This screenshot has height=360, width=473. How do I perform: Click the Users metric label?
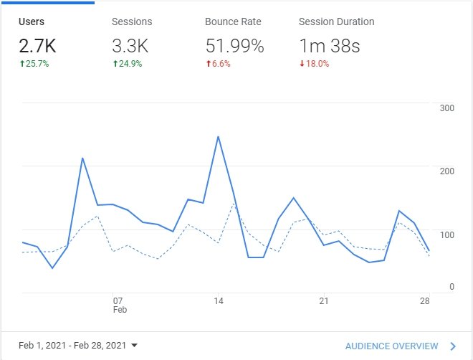pyautogui.click(x=32, y=22)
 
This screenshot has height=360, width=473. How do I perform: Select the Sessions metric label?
pyautogui.click(x=132, y=22)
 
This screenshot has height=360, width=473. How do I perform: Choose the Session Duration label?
pyautogui.click(x=336, y=22)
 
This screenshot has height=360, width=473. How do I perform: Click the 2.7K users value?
pyautogui.click(x=38, y=47)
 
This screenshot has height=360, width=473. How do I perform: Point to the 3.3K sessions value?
pyautogui.click(x=130, y=47)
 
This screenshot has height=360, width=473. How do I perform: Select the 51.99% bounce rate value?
pyautogui.click(x=234, y=47)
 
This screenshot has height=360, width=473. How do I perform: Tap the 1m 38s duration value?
pyautogui.click(x=329, y=47)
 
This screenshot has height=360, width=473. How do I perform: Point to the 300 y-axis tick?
pyautogui.click(x=447, y=108)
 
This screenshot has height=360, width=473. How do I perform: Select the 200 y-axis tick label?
pyautogui.click(x=447, y=171)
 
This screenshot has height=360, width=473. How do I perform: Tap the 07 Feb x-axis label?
pyautogui.click(x=118, y=305)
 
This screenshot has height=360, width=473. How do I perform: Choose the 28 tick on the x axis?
pyautogui.click(x=425, y=300)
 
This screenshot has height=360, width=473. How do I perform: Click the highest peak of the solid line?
pyautogui.click(x=218, y=136)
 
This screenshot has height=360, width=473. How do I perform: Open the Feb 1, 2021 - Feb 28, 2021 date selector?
pyautogui.click(x=79, y=345)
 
